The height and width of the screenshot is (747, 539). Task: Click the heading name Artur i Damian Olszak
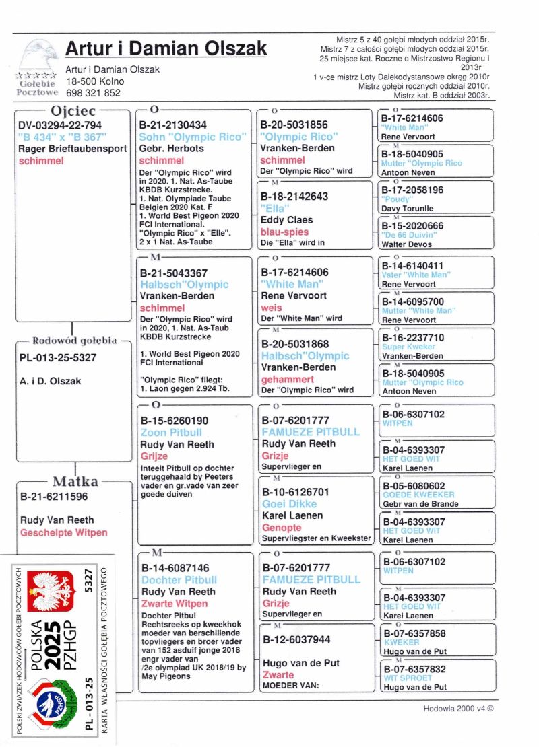pos(166,49)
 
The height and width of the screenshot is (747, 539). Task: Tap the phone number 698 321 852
pos(93,93)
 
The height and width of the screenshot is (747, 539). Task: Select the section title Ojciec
pos(73,110)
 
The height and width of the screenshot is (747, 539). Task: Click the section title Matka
pos(75,482)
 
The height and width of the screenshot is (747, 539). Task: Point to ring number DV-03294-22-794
pos(61,125)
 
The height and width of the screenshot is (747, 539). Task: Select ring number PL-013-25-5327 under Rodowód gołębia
pos(58,358)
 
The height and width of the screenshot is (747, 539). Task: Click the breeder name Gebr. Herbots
pos(172,148)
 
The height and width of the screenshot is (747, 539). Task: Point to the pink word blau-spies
pos(284,232)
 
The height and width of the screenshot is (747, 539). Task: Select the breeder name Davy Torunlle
pos(408,209)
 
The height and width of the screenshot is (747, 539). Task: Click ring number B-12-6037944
pos(297,639)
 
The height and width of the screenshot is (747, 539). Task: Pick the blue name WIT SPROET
pos(408,678)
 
